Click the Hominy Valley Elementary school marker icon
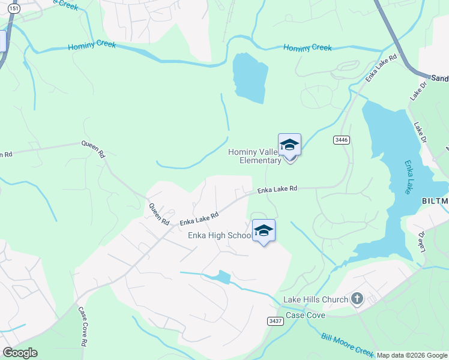point(289,145)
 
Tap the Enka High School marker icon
point(264,231)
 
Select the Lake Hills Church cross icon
point(357,299)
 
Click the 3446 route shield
point(342,140)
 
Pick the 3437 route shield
point(276,321)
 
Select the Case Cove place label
point(306,315)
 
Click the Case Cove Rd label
point(82,327)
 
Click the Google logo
point(20,353)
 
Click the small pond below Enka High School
point(222,277)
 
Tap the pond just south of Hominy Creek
point(250,77)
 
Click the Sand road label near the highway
point(439,78)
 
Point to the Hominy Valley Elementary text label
point(255,156)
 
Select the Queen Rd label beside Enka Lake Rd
point(159,213)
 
